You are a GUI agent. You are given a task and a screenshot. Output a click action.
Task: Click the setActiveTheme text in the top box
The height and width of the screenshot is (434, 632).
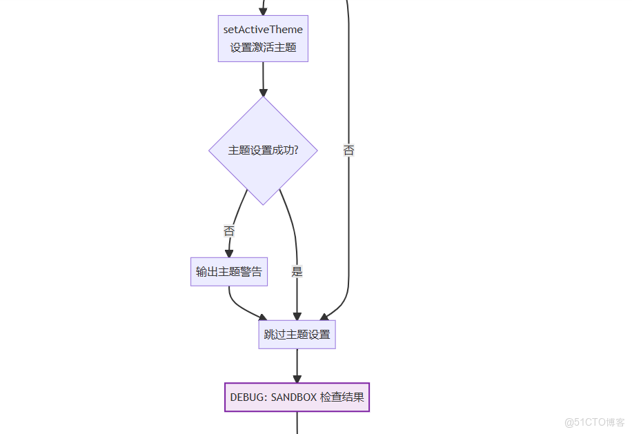263,30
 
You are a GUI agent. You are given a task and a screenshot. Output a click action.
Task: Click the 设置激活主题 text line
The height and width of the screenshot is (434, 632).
263,48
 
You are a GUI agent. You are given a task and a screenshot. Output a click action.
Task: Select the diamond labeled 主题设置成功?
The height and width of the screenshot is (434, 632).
263,150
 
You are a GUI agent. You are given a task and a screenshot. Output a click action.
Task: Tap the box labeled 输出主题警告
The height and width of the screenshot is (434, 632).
229,272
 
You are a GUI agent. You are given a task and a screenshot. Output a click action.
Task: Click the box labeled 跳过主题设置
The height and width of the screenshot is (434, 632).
297,335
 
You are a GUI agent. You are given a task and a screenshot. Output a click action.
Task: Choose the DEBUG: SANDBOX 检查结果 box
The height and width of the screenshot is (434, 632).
297,397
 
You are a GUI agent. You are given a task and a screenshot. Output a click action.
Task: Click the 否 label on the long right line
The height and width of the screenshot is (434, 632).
349,150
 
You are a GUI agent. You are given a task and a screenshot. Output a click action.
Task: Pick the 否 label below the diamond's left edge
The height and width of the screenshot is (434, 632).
229,230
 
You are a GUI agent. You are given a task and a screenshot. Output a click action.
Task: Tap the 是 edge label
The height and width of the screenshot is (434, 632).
297,272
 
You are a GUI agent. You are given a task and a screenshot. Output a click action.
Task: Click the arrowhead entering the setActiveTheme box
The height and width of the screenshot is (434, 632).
263,10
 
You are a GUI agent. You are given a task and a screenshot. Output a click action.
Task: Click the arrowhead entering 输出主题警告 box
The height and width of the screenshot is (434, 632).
229,253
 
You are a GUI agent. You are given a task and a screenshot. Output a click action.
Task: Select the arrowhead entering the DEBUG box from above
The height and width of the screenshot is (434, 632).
297,378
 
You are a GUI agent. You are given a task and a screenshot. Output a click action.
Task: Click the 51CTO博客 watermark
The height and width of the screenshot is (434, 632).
595,422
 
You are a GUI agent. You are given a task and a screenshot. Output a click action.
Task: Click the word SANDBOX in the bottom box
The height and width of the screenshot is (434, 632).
293,397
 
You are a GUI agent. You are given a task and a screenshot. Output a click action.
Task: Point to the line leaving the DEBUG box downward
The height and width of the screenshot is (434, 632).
297,423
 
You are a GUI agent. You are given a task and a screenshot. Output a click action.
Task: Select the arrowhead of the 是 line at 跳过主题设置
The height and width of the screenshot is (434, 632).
297,315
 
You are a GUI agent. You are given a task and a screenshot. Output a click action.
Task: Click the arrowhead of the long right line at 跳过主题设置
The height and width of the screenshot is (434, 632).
324,317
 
